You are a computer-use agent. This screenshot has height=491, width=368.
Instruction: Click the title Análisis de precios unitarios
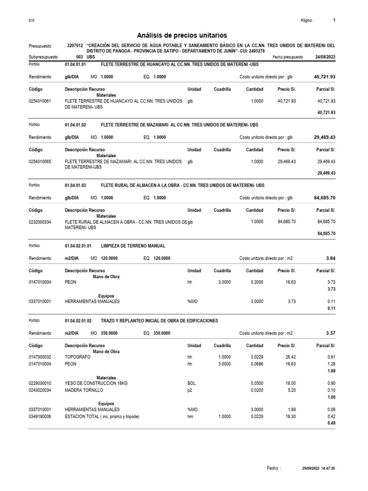182,35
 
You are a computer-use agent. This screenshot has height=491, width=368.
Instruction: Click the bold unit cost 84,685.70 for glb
324,197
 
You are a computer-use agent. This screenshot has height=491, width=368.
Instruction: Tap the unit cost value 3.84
331,258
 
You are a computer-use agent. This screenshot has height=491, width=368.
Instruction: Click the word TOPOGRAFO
77,357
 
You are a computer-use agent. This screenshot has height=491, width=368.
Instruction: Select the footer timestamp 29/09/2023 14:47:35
318,468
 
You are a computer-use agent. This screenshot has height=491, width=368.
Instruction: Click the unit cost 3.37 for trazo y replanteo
331,333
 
